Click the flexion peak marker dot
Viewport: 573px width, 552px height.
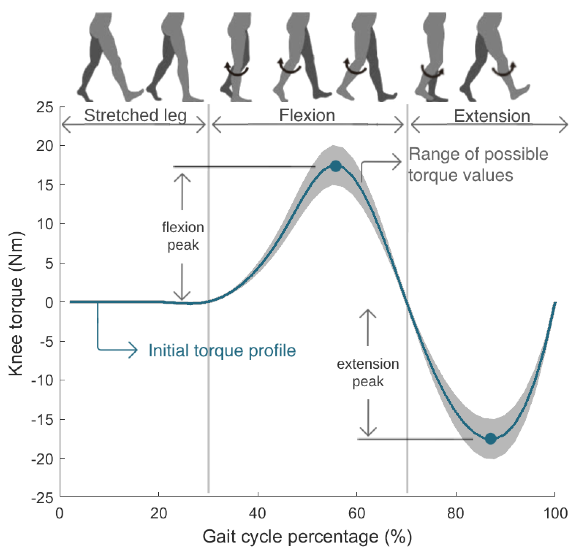click(x=335, y=166)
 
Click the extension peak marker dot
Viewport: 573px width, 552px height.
click(x=491, y=439)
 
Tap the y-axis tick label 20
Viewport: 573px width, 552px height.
click(x=45, y=146)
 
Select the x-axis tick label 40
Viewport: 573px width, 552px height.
click(x=257, y=513)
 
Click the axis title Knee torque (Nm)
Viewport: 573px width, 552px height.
click(x=15, y=304)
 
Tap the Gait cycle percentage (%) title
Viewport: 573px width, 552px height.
click(x=307, y=537)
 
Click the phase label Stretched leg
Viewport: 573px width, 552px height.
click(x=135, y=115)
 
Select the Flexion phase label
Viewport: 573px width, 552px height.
click(x=307, y=115)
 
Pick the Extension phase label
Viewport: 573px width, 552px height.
click(x=492, y=116)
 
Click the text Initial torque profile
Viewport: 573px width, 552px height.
click(x=222, y=350)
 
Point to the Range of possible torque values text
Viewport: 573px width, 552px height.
click(x=478, y=164)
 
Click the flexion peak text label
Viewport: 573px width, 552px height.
click(x=183, y=236)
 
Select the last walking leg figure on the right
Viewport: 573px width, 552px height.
click(x=494, y=57)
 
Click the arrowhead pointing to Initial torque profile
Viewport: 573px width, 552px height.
click(x=134, y=350)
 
